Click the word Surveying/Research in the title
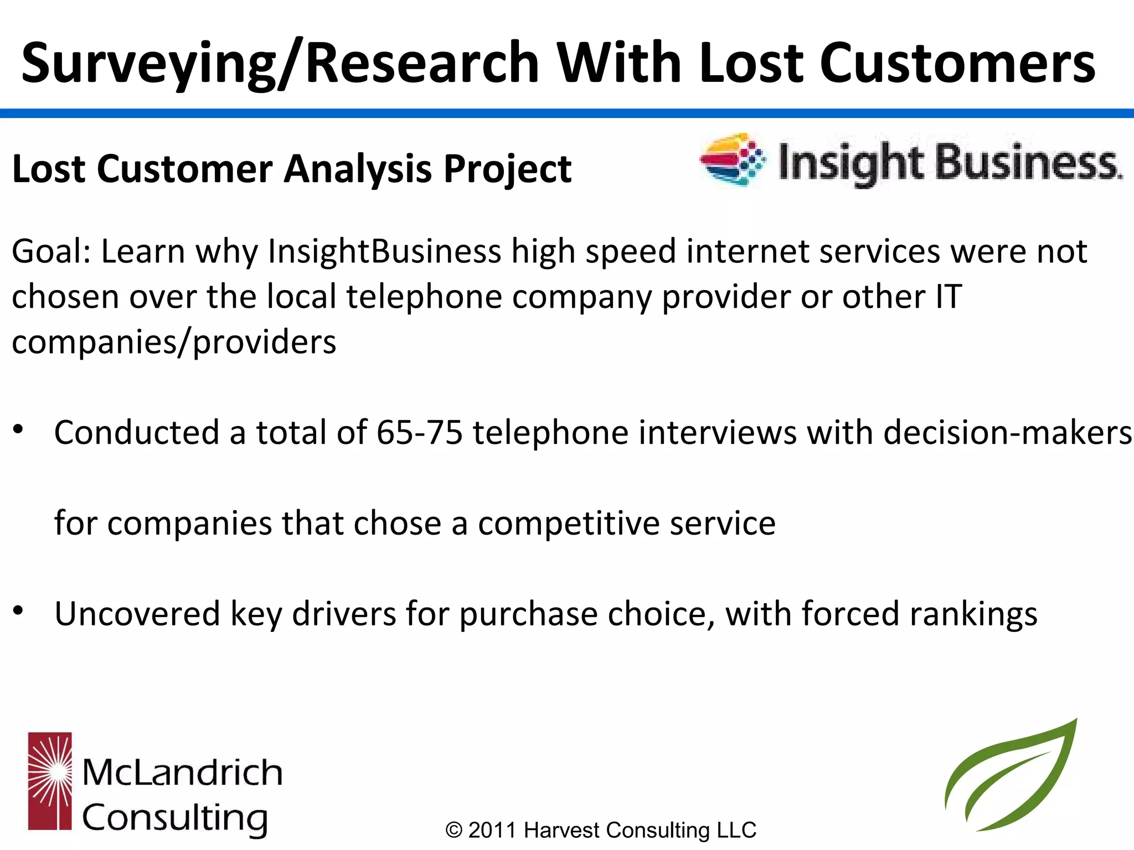pos(280,64)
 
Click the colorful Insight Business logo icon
pos(733,159)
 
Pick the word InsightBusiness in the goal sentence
pos(384,252)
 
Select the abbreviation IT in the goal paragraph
pos(949,297)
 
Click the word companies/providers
pos(174,343)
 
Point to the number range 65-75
pos(419,433)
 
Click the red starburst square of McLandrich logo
pos(50,781)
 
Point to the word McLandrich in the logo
pos(182,773)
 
